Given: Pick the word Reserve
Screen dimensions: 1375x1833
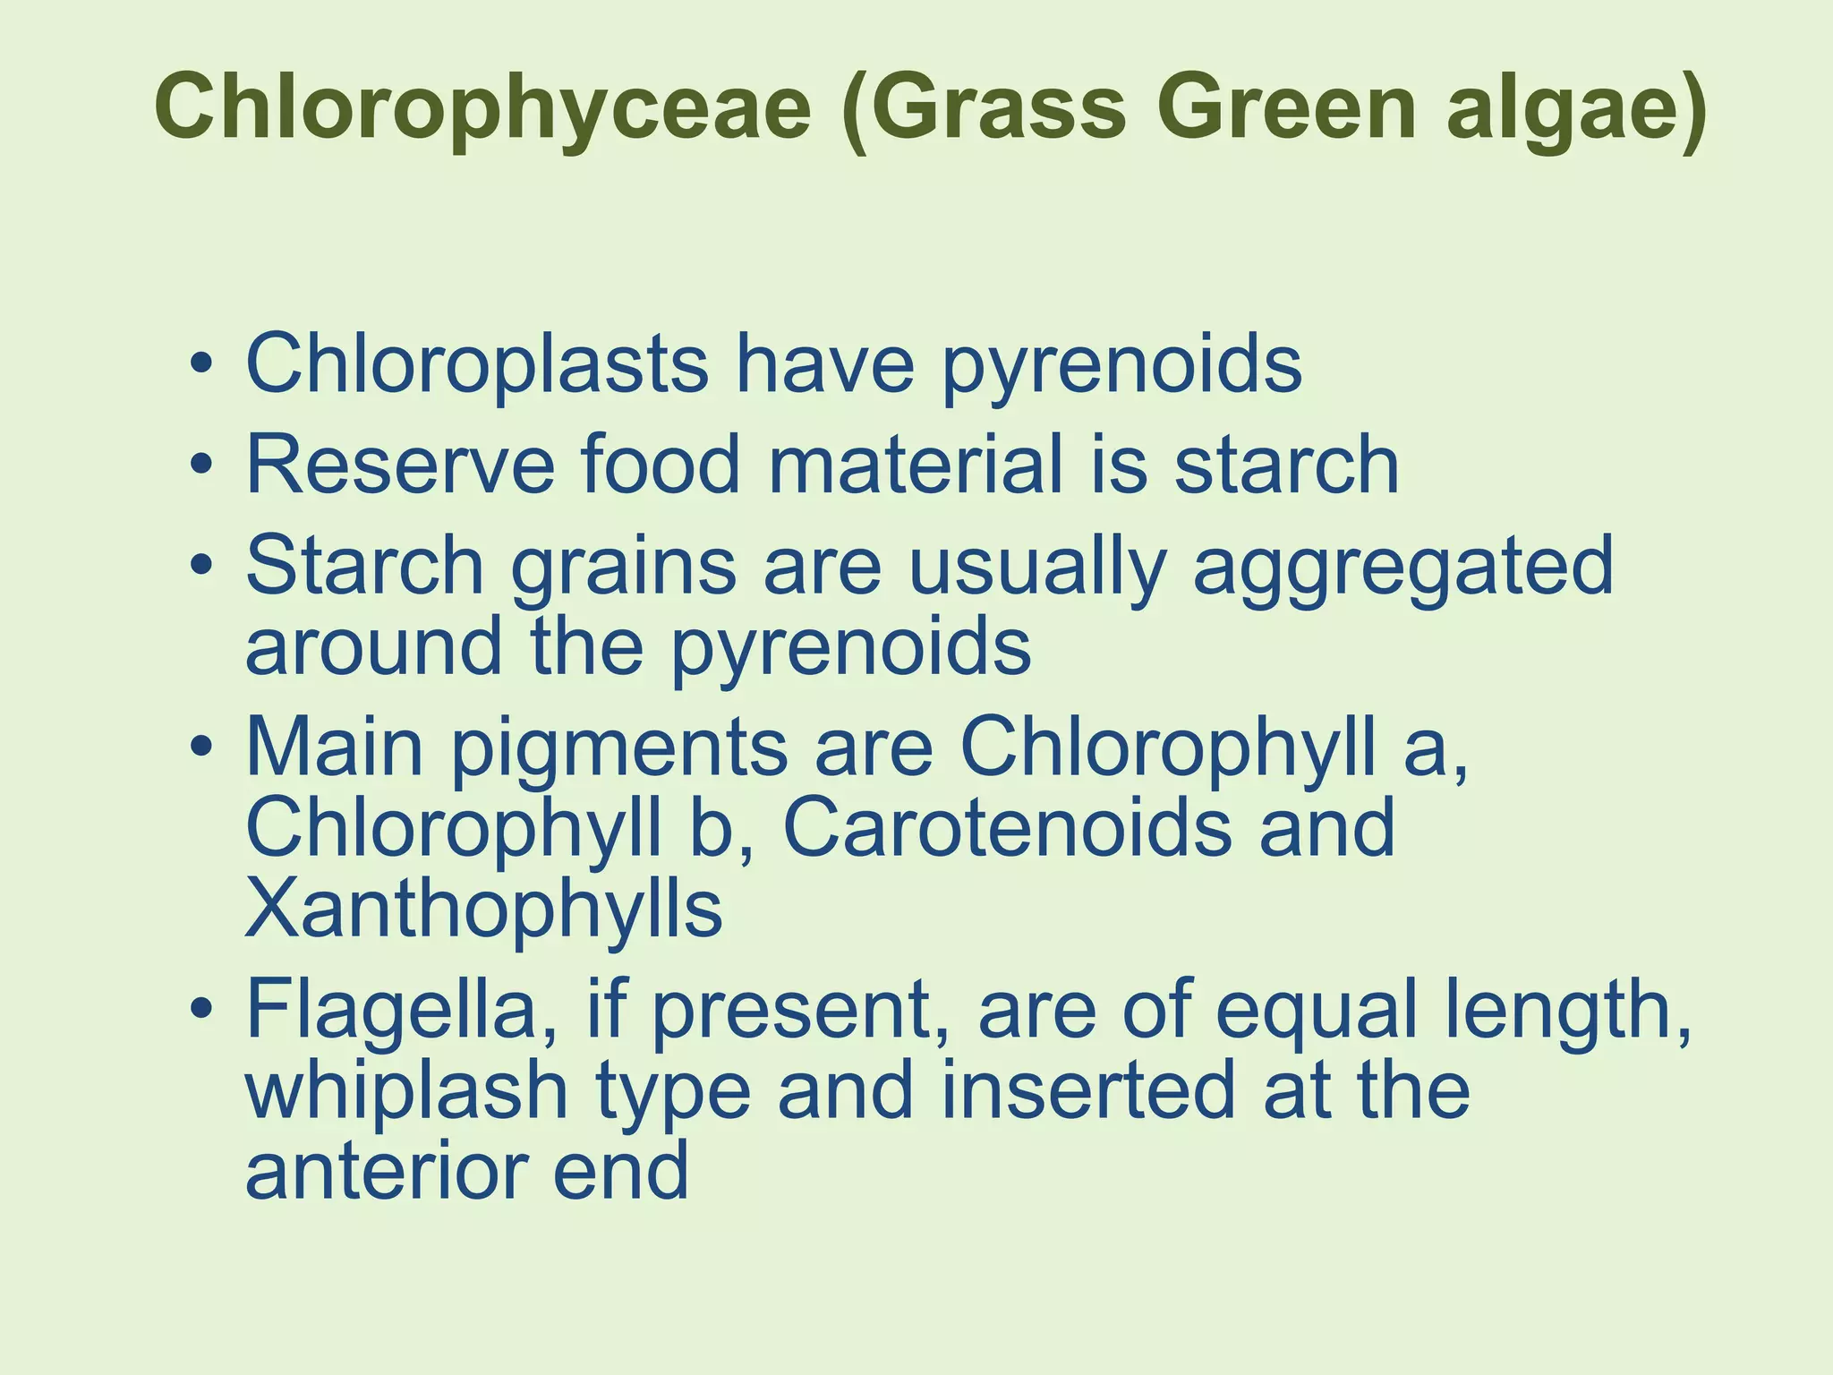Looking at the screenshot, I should [x=399, y=465].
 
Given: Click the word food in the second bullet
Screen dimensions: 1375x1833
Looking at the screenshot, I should [x=661, y=465].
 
